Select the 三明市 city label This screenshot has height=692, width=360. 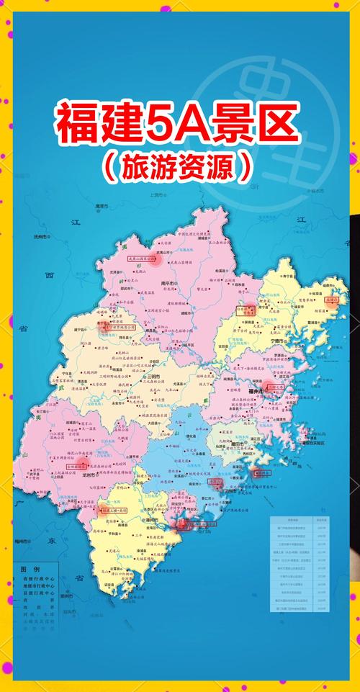click(x=155, y=377)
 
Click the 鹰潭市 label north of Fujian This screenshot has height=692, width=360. click(x=103, y=207)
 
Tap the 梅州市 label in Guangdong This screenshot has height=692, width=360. click(x=22, y=539)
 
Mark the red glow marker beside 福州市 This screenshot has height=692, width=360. click(x=268, y=387)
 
